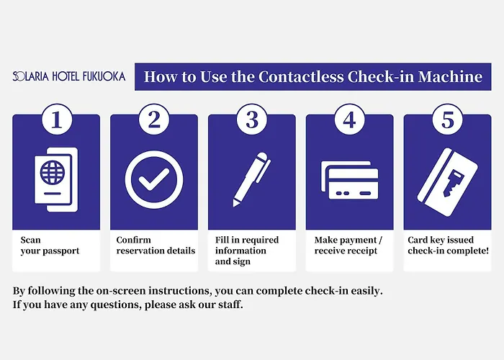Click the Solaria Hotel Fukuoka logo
(x=69, y=76)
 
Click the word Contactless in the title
(x=301, y=76)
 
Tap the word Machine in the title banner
(x=450, y=76)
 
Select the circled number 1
(x=57, y=120)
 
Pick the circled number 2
(x=154, y=120)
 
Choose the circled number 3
(x=252, y=120)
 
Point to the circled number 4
(x=350, y=120)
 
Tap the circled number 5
(x=448, y=120)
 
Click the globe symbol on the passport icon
(x=53, y=172)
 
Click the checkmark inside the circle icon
(x=154, y=179)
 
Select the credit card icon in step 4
(x=350, y=180)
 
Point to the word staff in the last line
(x=232, y=305)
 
